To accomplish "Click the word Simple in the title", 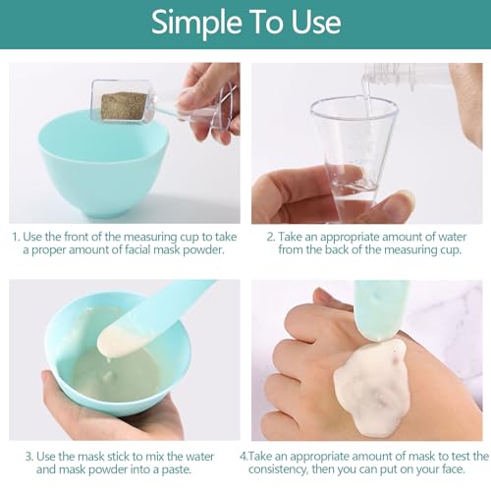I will (196, 23).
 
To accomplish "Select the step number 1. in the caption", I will (16, 237).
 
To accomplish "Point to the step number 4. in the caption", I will (245, 456).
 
